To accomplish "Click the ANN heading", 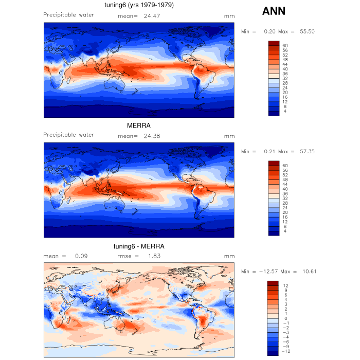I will point(274,11).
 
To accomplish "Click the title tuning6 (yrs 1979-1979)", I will point(138,6).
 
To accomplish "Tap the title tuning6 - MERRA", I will point(138,246).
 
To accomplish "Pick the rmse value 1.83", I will point(155,256).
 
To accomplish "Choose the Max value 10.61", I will point(309,272).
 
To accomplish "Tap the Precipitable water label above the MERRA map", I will point(68,135).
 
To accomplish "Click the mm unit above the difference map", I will point(229,256).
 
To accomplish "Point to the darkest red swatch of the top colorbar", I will point(274,43).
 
